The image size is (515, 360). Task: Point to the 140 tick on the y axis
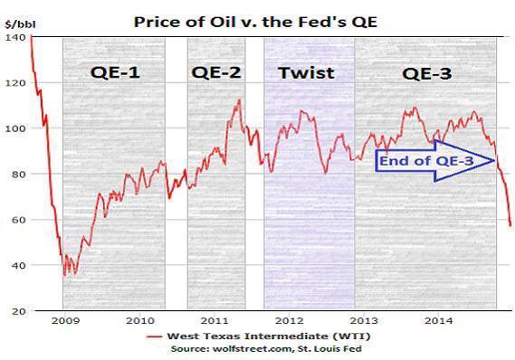14,37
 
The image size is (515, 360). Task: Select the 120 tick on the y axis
14,82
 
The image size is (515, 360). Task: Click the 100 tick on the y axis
14,128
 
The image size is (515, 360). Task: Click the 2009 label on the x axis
64,320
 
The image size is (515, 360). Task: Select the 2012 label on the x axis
285,320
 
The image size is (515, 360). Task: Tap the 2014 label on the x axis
433,320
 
